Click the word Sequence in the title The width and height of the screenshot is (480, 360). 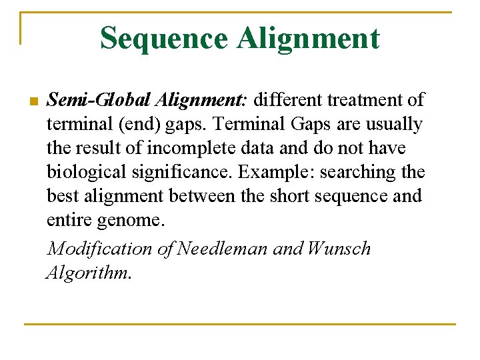(163, 39)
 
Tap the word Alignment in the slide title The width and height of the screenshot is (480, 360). (307, 39)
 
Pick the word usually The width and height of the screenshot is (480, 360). (393, 125)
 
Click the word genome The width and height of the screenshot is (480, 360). (136, 221)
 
